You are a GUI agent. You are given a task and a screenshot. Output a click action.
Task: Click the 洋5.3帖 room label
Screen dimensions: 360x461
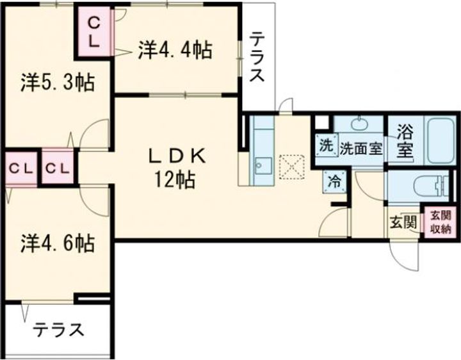[57, 83]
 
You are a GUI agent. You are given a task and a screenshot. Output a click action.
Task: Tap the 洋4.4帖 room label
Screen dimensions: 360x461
[174, 49]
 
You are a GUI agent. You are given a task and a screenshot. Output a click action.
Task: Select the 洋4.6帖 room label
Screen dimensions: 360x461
[57, 243]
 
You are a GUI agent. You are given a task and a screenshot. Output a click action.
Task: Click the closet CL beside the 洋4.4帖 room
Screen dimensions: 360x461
[93, 32]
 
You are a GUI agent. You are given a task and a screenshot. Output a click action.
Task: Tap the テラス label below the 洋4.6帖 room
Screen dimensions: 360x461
[58, 331]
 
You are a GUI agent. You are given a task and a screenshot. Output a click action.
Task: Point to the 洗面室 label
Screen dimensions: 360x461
[360, 147]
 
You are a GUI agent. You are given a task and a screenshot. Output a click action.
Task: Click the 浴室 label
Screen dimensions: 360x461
[404, 142]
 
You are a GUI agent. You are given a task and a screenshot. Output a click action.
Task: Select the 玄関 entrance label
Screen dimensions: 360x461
[403, 223]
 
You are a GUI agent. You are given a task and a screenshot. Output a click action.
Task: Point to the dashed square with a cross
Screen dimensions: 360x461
[291, 167]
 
